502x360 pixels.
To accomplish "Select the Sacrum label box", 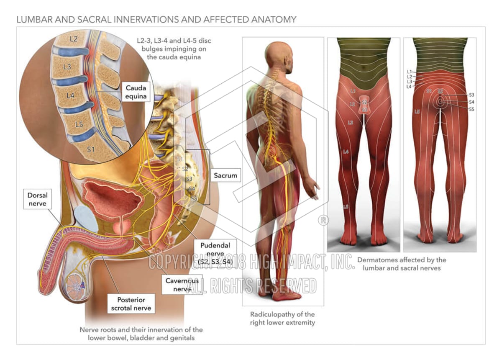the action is (225, 175).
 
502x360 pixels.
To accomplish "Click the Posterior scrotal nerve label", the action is (131, 304).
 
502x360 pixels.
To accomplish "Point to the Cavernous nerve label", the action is (181, 284).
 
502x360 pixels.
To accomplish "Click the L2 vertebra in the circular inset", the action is (74, 40).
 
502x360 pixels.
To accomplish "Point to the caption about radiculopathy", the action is (282, 318).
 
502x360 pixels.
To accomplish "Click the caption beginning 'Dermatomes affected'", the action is (402, 264).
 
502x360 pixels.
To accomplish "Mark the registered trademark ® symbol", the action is (323, 220).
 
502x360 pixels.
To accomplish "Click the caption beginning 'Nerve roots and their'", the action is (141, 334).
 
